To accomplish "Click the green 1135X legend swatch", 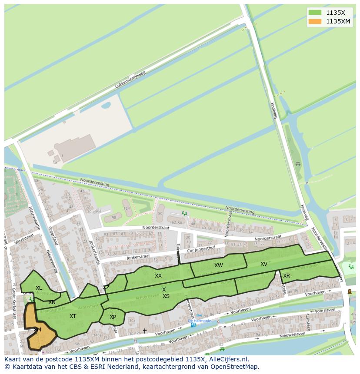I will [x=315, y=13].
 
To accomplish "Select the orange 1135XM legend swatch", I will [x=315, y=21].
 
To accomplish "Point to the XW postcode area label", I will [x=218, y=265].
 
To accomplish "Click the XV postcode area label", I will [x=264, y=264].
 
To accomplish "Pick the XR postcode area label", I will [x=287, y=276].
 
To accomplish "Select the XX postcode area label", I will [x=158, y=276].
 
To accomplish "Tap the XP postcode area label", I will [x=113, y=317].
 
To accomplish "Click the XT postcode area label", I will [x=73, y=316].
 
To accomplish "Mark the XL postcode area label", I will [x=39, y=288].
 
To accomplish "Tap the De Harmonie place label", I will [x=200, y=321].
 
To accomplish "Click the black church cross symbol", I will [x=145, y=331].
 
